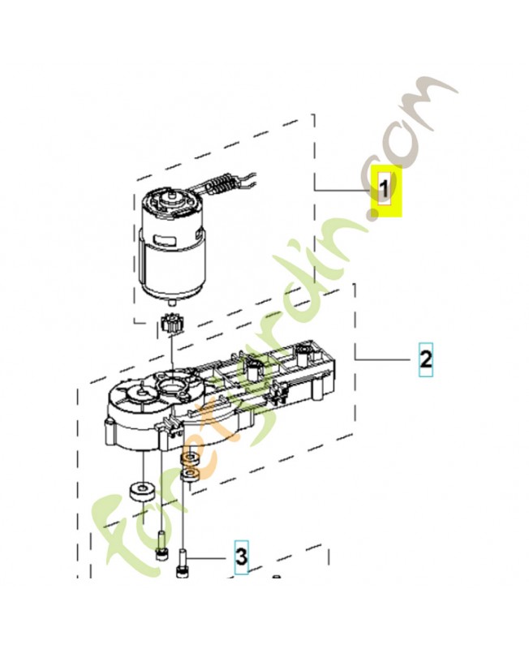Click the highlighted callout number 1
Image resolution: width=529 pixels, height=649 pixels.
[386, 191]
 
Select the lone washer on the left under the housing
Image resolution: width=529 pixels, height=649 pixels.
[141, 492]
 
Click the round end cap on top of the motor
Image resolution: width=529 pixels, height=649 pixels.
[170, 195]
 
